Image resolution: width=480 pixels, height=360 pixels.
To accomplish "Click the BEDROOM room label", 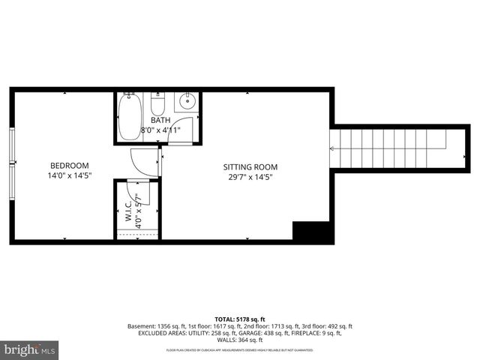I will tap(69, 166).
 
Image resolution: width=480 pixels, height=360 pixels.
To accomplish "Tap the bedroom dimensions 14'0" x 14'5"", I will tap(69, 177).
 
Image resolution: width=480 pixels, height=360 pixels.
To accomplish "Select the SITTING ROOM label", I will tap(250, 166).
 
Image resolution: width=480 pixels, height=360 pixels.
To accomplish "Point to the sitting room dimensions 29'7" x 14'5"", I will tap(250, 178).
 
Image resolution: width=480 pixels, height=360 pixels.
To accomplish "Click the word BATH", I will tap(160, 120).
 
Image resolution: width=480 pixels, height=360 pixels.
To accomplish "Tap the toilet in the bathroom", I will tap(157, 103).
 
